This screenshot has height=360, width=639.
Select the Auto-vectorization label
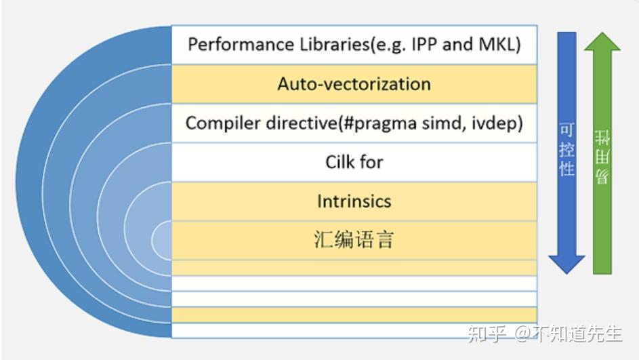tap(354, 84)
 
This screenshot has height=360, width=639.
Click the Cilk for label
tap(354, 163)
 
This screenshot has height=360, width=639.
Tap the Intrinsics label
tap(354, 201)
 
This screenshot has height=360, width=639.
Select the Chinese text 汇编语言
tap(354, 240)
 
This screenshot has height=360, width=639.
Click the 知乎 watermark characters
tap(487, 334)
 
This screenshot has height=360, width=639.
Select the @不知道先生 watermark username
tap(568, 334)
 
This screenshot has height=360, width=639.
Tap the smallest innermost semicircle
tap(163, 240)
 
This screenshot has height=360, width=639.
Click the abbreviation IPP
tap(425, 45)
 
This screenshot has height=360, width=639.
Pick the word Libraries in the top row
tap(328, 45)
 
